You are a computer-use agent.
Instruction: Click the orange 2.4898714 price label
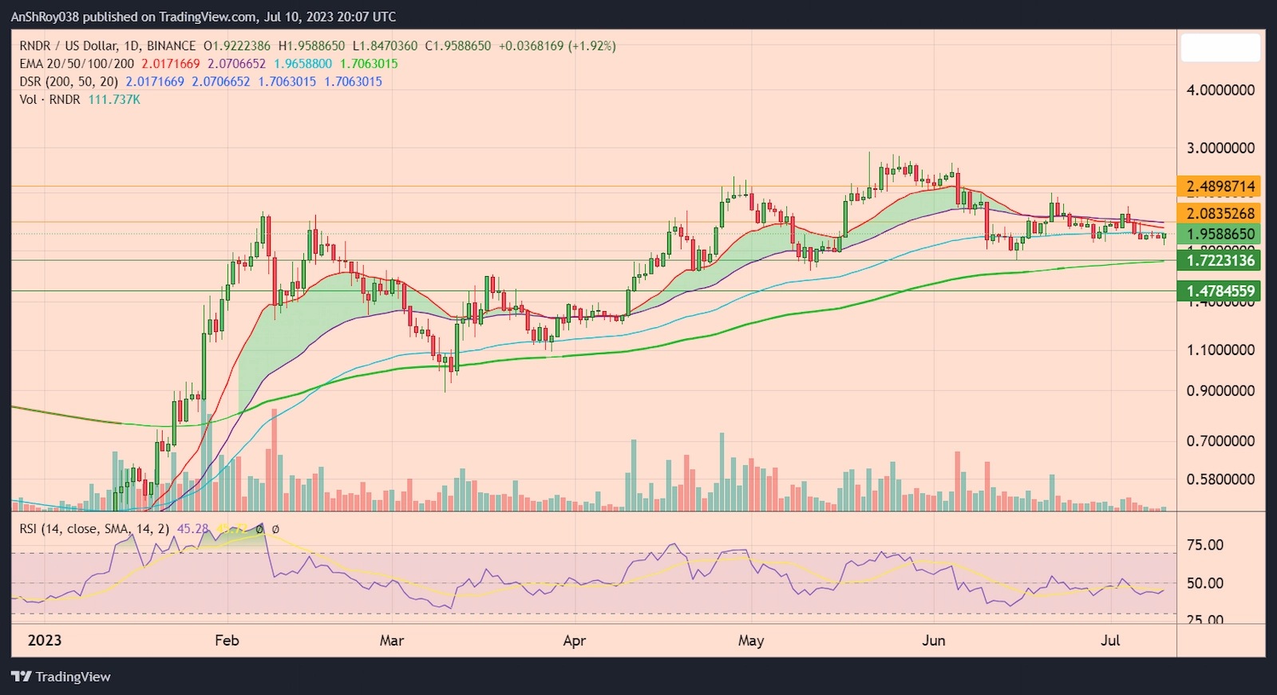pyautogui.click(x=1220, y=187)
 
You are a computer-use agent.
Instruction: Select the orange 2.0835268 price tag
pyautogui.click(x=1220, y=213)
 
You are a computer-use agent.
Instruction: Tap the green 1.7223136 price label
pyautogui.click(x=1220, y=260)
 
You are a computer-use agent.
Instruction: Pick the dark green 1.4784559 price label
pyautogui.click(x=1220, y=291)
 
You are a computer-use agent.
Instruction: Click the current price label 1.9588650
pyautogui.click(x=1220, y=234)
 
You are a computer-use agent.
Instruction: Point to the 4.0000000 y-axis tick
pyautogui.click(x=1220, y=90)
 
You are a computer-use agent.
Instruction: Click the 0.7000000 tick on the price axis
pyautogui.click(x=1220, y=440)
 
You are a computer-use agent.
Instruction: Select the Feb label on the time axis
pyautogui.click(x=227, y=641)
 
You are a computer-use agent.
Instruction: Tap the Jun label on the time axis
pyautogui.click(x=933, y=641)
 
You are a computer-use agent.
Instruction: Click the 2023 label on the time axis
pyautogui.click(x=45, y=641)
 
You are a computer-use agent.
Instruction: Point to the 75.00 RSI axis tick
pyautogui.click(x=1204, y=545)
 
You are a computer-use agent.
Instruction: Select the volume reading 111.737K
pyautogui.click(x=114, y=100)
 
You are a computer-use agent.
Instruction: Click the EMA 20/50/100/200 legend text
pyautogui.click(x=77, y=64)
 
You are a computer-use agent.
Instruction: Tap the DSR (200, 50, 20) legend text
pyautogui.click(x=69, y=81)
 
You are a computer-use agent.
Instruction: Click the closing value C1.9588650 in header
pyautogui.click(x=458, y=46)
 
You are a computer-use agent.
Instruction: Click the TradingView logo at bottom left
pyautogui.click(x=61, y=677)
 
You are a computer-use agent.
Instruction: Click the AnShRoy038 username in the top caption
pyautogui.click(x=45, y=17)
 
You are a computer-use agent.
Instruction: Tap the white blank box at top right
pyautogui.click(x=1220, y=48)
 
